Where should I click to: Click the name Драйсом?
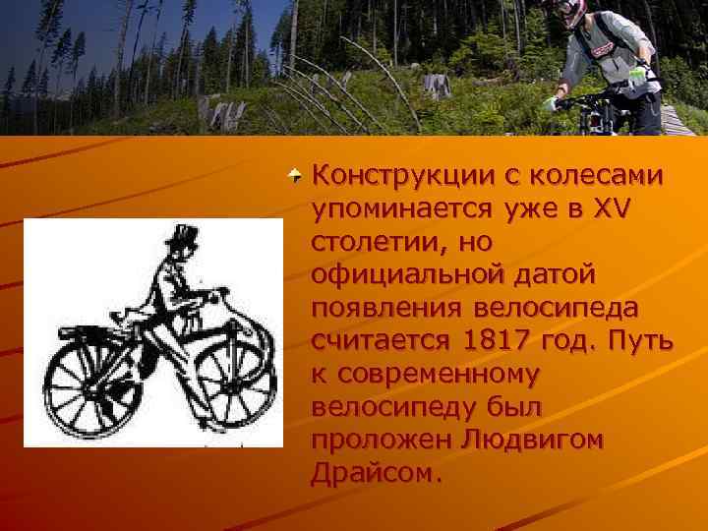coord(372,474)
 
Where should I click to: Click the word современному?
coord(439,375)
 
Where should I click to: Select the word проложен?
coord(379,441)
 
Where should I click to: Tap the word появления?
coord(387,309)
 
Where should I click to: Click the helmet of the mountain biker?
coord(572,12)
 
